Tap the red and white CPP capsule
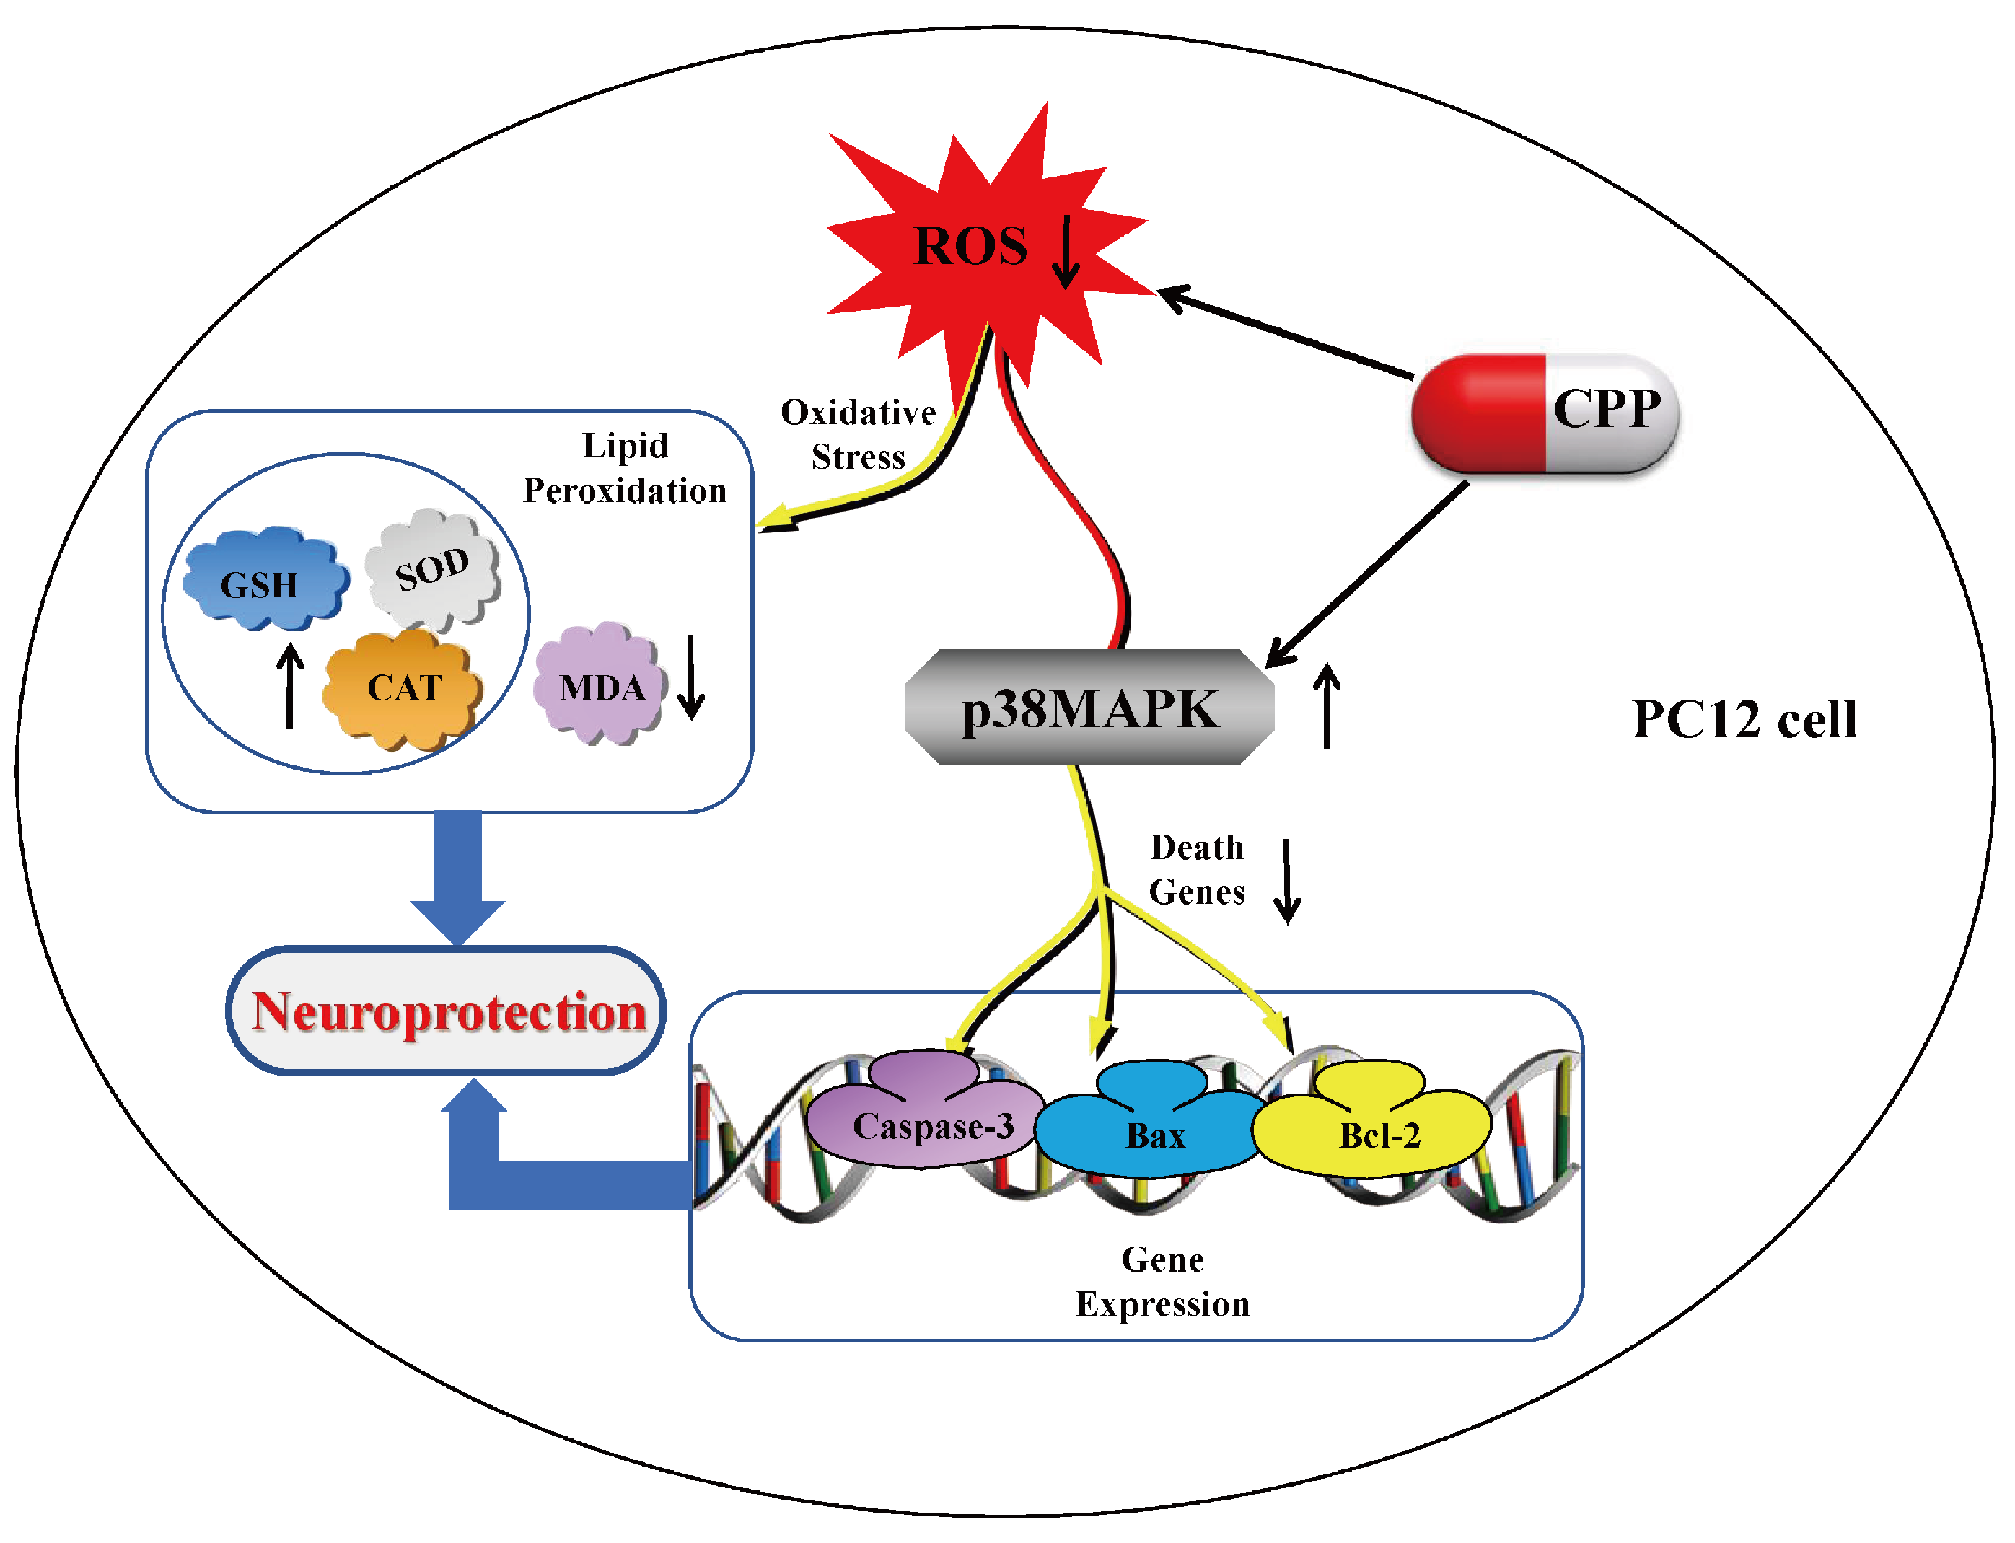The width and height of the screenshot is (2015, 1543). pyautogui.click(x=1545, y=413)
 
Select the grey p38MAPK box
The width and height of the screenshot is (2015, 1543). pyautogui.click(x=1089, y=706)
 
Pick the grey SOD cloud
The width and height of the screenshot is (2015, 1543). pyautogui.click(x=433, y=569)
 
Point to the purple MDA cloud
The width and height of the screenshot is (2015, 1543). pyautogui.click(x=599, y=683)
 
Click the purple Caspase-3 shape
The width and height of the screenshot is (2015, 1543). pyautogui.click(x=926, y=1112)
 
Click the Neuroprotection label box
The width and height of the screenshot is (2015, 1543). pyautogui.click(x=447, y=1011)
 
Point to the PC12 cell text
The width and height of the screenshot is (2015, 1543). pyautogui.click(x=1744, y=719)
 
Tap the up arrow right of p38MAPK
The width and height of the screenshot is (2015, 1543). pyautogui.click(x=1326, y=706)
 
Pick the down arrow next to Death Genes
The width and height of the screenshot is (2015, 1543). pyautogui.click(x=1286, y=881)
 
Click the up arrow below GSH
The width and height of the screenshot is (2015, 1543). pyautogui.click(x=290, y=685)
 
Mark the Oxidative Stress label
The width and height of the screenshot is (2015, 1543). pyautogui.click(x=858, y=434)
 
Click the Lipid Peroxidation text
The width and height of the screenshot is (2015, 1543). pyautogui.click(x=625, y=467)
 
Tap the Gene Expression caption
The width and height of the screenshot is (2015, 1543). pyautogui.click(x=1163, y=1282)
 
